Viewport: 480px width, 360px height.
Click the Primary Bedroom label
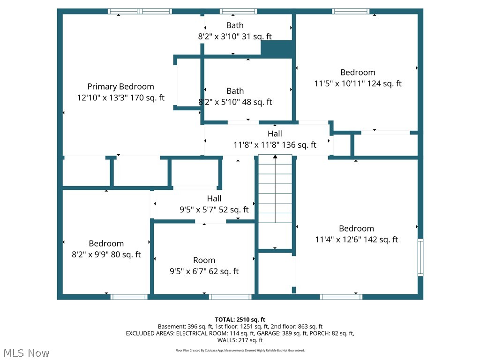[120, 87]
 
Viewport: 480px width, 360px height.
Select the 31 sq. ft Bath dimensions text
[235, 36]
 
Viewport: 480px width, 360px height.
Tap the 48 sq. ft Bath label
[235, 91]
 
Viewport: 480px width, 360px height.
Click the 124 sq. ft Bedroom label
[358, 72]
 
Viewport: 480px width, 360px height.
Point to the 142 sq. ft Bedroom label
[356, 228]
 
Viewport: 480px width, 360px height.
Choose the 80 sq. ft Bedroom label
[106, 243]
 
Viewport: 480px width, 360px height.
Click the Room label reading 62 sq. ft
[204, 260]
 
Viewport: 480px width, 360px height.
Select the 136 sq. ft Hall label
[275, 134]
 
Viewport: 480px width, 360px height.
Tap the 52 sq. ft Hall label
[214, 199]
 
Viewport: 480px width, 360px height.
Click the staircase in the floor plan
[275, 202]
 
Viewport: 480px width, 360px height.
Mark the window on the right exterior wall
[420, 257]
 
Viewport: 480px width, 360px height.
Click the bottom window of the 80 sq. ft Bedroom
[129, 297]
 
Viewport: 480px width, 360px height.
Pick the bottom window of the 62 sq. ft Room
[230, 297]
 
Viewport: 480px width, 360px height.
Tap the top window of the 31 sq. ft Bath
[238, 11]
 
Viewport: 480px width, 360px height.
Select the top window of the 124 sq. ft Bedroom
[351, 11]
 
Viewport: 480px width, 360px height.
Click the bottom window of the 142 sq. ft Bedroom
[341, 297]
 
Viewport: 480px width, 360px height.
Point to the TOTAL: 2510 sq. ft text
[240, 320]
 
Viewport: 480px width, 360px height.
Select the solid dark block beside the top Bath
[277, 49]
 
